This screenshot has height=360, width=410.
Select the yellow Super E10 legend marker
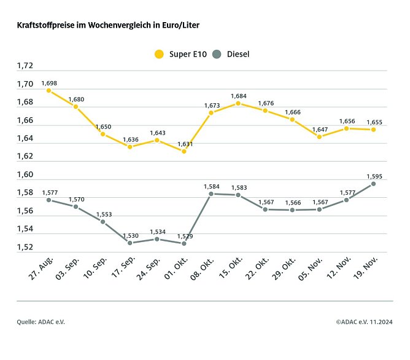tap(160, 54)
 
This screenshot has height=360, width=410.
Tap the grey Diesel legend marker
tap(217, 54)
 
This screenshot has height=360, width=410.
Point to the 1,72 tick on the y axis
tap(25, 66)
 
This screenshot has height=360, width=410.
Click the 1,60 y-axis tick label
tap(25, 175)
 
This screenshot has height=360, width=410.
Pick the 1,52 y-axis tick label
tap(25, 248)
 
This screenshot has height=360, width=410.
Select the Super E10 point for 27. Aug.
tap(48, 90)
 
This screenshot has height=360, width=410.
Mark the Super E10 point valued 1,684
tap(238, 103)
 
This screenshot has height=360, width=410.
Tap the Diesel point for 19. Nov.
tap(373, 184)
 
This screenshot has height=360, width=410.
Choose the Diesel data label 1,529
tap(184, 236)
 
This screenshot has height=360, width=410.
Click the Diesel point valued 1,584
tap(211, 194)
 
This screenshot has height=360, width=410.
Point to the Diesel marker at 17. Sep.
tap(130, 243)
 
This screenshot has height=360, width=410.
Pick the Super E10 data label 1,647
tap(319, 129)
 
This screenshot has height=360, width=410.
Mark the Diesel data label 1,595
tap(373, 176)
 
